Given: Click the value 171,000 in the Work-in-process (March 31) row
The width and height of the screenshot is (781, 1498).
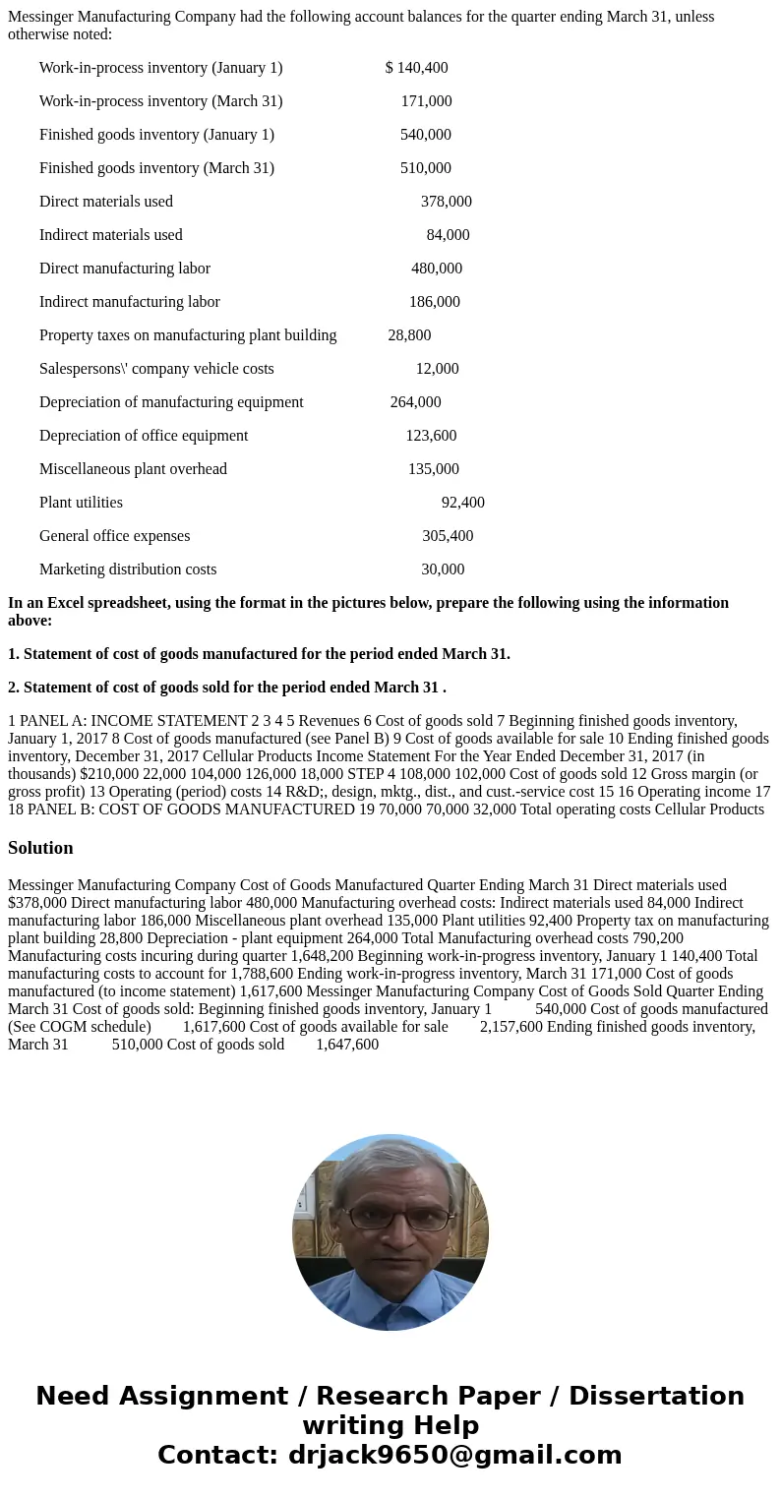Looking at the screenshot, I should click(426, 101).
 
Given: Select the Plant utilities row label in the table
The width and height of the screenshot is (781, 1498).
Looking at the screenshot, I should click(81, 503).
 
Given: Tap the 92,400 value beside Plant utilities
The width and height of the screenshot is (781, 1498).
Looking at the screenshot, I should click(462, 503).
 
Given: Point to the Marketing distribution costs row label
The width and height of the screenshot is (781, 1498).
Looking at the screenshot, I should click(128, 569).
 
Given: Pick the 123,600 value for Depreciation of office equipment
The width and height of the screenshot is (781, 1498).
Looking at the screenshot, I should click(431, 436).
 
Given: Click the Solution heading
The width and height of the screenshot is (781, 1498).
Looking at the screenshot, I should click(40, 848).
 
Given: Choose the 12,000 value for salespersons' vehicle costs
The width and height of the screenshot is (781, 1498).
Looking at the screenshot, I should click(437, 369).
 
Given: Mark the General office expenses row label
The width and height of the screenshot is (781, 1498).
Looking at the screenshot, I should click(114, 536).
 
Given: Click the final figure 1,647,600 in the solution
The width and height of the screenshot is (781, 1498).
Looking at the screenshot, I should click(347, 1045).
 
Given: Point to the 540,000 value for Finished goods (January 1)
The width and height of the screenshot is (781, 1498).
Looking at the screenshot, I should click(425, 135).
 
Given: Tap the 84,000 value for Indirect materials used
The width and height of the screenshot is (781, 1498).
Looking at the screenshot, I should click(448, 235).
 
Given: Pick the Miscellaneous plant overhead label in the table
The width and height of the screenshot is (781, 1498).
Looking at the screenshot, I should click(133, 469).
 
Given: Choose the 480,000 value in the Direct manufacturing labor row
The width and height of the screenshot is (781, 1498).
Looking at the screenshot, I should click(437, 269).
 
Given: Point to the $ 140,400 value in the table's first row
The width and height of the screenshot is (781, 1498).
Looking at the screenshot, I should click(416, 68).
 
